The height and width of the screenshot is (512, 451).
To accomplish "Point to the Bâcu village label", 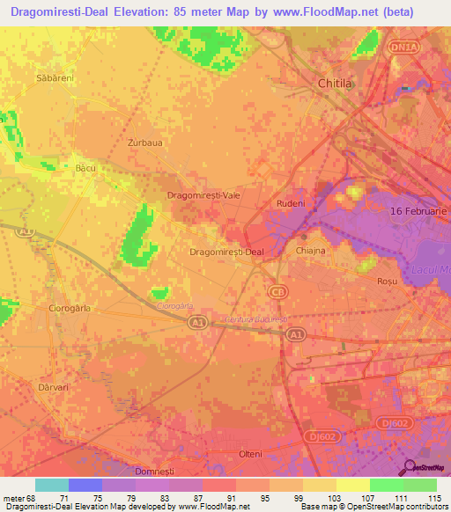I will [85, 167].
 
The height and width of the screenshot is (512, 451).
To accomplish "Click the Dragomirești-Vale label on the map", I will [204, 196].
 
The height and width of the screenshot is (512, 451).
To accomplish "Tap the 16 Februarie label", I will [419, 212].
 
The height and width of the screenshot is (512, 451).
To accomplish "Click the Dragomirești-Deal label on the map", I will [226, 252].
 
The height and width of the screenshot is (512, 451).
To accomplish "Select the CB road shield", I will [277, 290].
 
